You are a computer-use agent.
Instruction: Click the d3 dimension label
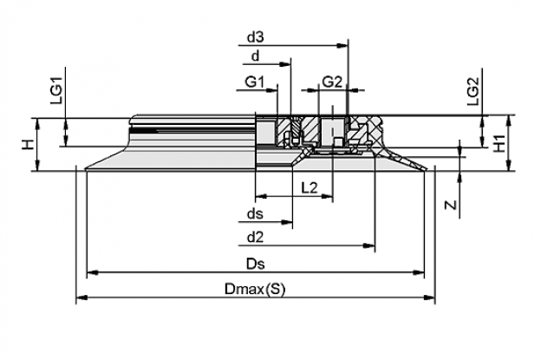pyautogui.click(x=255, y=37)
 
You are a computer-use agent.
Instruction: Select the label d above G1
pyautogui.click(x=255, y=56)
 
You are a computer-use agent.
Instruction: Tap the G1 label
pyautogui.click(x=255, y=82)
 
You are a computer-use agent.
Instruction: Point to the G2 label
pyautogui.click(x=332, y=82)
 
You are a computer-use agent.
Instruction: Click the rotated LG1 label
pyautogui.click(x=56, y=90)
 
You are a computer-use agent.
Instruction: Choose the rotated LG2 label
pyautogui.click(x=473, y=91)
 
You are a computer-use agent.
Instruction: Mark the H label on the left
pyautogui.click(x=29, y=145)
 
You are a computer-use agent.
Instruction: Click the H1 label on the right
pyautogui.click(x=499, y=143)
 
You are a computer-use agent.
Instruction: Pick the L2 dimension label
pyautogui.click(x=310, y=188)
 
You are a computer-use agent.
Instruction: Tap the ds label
pyautogui.click(x=255, y=214)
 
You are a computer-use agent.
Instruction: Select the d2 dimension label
pyautogui.click(x=255, y=238)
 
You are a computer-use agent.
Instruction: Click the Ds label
pyautogui.click(x=255, y=264)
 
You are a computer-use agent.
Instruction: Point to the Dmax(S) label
pyautogui.click(x=255, y=289)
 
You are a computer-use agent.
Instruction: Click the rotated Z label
pyautogui.click(x=451, y=205)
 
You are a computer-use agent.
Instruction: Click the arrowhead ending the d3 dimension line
pyautogui.click(x=342, y=45)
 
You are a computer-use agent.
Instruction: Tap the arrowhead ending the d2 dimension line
pyautogui.click(x=369, y=245)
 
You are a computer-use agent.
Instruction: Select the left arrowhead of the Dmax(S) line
pyautogui.click(x=81, y=298)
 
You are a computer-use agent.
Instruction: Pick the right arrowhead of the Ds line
pyautogui.click(x=419, y=272)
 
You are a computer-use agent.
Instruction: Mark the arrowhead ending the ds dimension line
pyautogui.click(x=287, y=222)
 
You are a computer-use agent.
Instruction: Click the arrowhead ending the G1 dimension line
pyautogui.click(x=272, y=90)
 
